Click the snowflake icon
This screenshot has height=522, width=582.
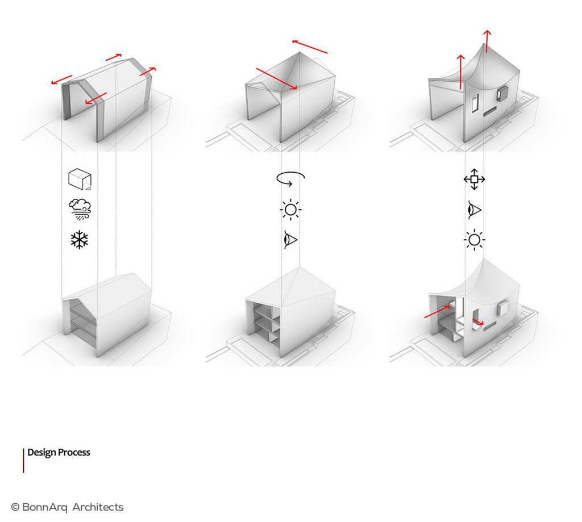[80, 240]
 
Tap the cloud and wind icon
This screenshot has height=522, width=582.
[80, 209]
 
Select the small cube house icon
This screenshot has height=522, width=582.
[80, 179]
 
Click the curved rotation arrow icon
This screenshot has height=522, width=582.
[290, 178]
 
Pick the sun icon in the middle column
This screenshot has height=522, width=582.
[290, 210]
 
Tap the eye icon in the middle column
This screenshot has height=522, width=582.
[290, 240]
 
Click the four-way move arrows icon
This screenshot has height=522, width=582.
[475, 179]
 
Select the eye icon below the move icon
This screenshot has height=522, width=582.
[475, 210]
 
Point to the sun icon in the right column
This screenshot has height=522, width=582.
[475, 240]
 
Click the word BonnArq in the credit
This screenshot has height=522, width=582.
[45, 507]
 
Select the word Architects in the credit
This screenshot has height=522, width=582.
[98, 507]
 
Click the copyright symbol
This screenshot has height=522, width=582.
[15, 507]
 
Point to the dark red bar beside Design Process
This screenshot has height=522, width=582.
[23, 461]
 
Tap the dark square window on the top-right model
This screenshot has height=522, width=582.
[502, 93]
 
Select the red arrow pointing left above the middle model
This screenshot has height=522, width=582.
[310, 47]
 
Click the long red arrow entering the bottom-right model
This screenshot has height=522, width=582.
[437, 312]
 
